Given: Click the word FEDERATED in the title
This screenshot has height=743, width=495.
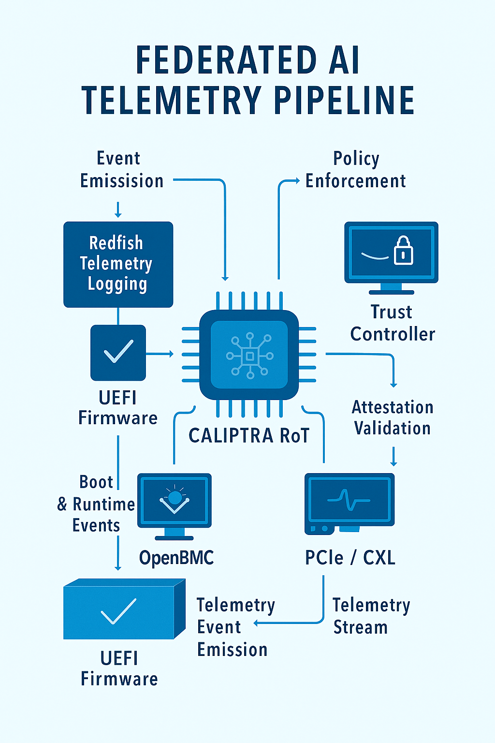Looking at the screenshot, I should coord(226,60).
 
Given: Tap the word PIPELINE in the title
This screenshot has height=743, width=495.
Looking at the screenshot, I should coord(344,101).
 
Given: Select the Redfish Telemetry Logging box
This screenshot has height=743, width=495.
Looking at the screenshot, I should coord(118,264).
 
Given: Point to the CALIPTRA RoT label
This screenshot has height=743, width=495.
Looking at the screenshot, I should coord(248,435).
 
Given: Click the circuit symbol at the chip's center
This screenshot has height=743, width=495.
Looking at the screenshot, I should coord(249,356).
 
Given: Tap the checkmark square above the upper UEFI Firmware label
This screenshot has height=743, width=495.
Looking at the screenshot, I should coord(118,352).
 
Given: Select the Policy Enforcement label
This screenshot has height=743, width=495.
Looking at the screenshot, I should coord(355,170).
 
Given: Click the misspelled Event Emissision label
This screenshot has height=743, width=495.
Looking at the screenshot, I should coord(121,170).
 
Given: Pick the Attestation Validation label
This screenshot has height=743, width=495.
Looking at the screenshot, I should coord(392,417).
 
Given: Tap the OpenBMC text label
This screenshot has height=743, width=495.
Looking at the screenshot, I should coord(176,558).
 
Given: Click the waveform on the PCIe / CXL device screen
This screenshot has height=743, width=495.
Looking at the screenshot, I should coord(349,500).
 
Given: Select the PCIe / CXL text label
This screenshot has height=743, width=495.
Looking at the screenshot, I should coord(350,558).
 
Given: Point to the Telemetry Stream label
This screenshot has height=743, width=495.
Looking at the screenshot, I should coord(371,616).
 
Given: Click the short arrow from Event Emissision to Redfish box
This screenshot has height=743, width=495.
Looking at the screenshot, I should coord(118,209).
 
